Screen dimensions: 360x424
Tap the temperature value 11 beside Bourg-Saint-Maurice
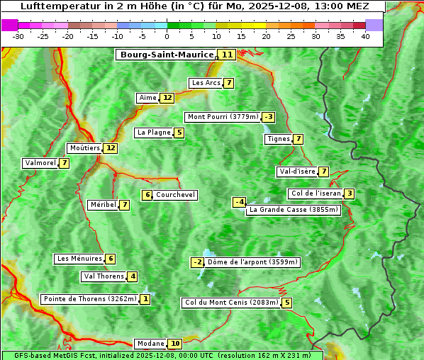[227, 55]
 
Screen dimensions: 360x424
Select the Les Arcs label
[206, 83]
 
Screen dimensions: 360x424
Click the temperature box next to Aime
[167, 98]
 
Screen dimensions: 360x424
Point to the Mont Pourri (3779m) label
[222, 117]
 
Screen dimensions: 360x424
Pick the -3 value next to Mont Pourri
[268, 117]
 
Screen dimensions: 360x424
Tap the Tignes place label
[277, 139]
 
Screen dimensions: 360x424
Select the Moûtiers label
[84, 148]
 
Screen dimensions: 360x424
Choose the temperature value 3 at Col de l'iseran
[349, 193]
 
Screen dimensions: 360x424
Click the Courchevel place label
[175, 195]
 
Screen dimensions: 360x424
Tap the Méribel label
[102, 205]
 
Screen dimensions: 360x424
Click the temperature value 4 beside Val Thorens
[133, 276]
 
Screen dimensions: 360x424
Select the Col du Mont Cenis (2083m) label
[230, 303]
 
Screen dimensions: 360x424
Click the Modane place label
[150, 344]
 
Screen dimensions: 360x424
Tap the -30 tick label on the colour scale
[18, 36]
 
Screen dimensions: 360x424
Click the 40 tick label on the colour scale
[365, 36]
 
